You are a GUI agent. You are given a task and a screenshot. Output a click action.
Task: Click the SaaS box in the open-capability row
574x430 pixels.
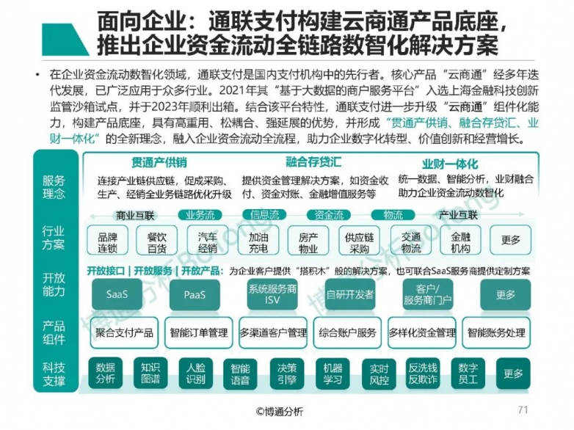coord(118,294)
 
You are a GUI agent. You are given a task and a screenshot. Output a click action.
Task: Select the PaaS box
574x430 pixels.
coord(195,294)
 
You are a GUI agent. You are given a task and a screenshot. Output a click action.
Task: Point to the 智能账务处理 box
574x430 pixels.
coord(497,332)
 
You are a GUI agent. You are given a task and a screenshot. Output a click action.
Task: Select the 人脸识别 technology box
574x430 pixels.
coord(196,373)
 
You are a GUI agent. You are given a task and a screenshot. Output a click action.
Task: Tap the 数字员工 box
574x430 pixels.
coord(468,373)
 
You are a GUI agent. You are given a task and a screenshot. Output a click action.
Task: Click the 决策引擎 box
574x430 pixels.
coord(288,373)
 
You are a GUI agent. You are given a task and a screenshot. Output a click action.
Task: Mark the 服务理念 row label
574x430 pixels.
coord(54,186)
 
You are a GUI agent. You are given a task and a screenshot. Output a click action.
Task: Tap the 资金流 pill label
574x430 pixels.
coord(329,215)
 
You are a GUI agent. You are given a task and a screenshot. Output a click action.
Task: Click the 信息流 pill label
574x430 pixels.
coord(265,215)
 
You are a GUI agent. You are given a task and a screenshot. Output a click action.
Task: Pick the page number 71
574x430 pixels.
coord(523,410)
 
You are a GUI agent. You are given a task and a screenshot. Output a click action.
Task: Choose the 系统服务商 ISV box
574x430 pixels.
coord(272,294)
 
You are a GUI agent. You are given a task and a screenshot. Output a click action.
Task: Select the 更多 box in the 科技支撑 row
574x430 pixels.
coord(513,373)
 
